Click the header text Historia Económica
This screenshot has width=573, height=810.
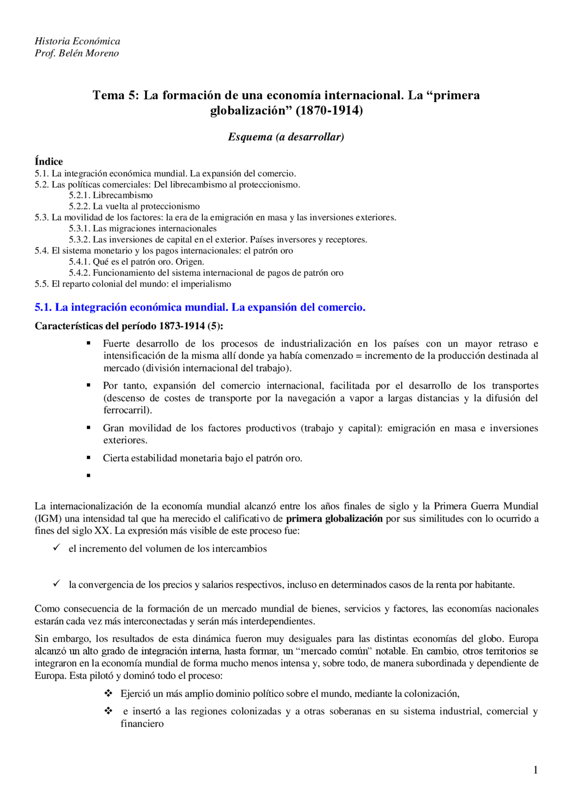click(x=77, y=41)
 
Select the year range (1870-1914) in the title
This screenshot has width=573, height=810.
click(x=329, y=110)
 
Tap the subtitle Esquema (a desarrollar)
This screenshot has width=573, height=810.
click(x=286, y=137)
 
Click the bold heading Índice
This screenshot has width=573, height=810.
click(x=49, y=161)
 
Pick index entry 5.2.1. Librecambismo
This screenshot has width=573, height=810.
click(x=111, y=195)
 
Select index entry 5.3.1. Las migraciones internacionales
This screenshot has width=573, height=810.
click(x=142, y=229)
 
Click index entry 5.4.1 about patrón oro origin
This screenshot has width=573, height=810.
click(x=136, y=262)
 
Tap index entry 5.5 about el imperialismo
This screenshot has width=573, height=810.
click(x=133, y=284)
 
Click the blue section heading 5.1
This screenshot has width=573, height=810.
click(x=200, y=307)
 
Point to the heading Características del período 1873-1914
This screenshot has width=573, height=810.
click(x=129, y=326)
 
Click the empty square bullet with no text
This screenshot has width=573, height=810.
click(x=89, y=475)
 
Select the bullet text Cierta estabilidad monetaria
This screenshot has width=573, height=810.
click(x=202, y=458)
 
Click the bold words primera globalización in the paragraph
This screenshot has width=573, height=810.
click(x=334, y=519)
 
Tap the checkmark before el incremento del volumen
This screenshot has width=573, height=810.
click(x=56, y=548)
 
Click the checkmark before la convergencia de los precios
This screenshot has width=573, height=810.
click(x=56, y=584)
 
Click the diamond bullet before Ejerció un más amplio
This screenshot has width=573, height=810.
click(x=108, y=693)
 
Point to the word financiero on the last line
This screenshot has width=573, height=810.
click(x=142, y=724)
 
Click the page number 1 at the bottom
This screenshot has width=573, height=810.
click(x=535, y=770)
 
